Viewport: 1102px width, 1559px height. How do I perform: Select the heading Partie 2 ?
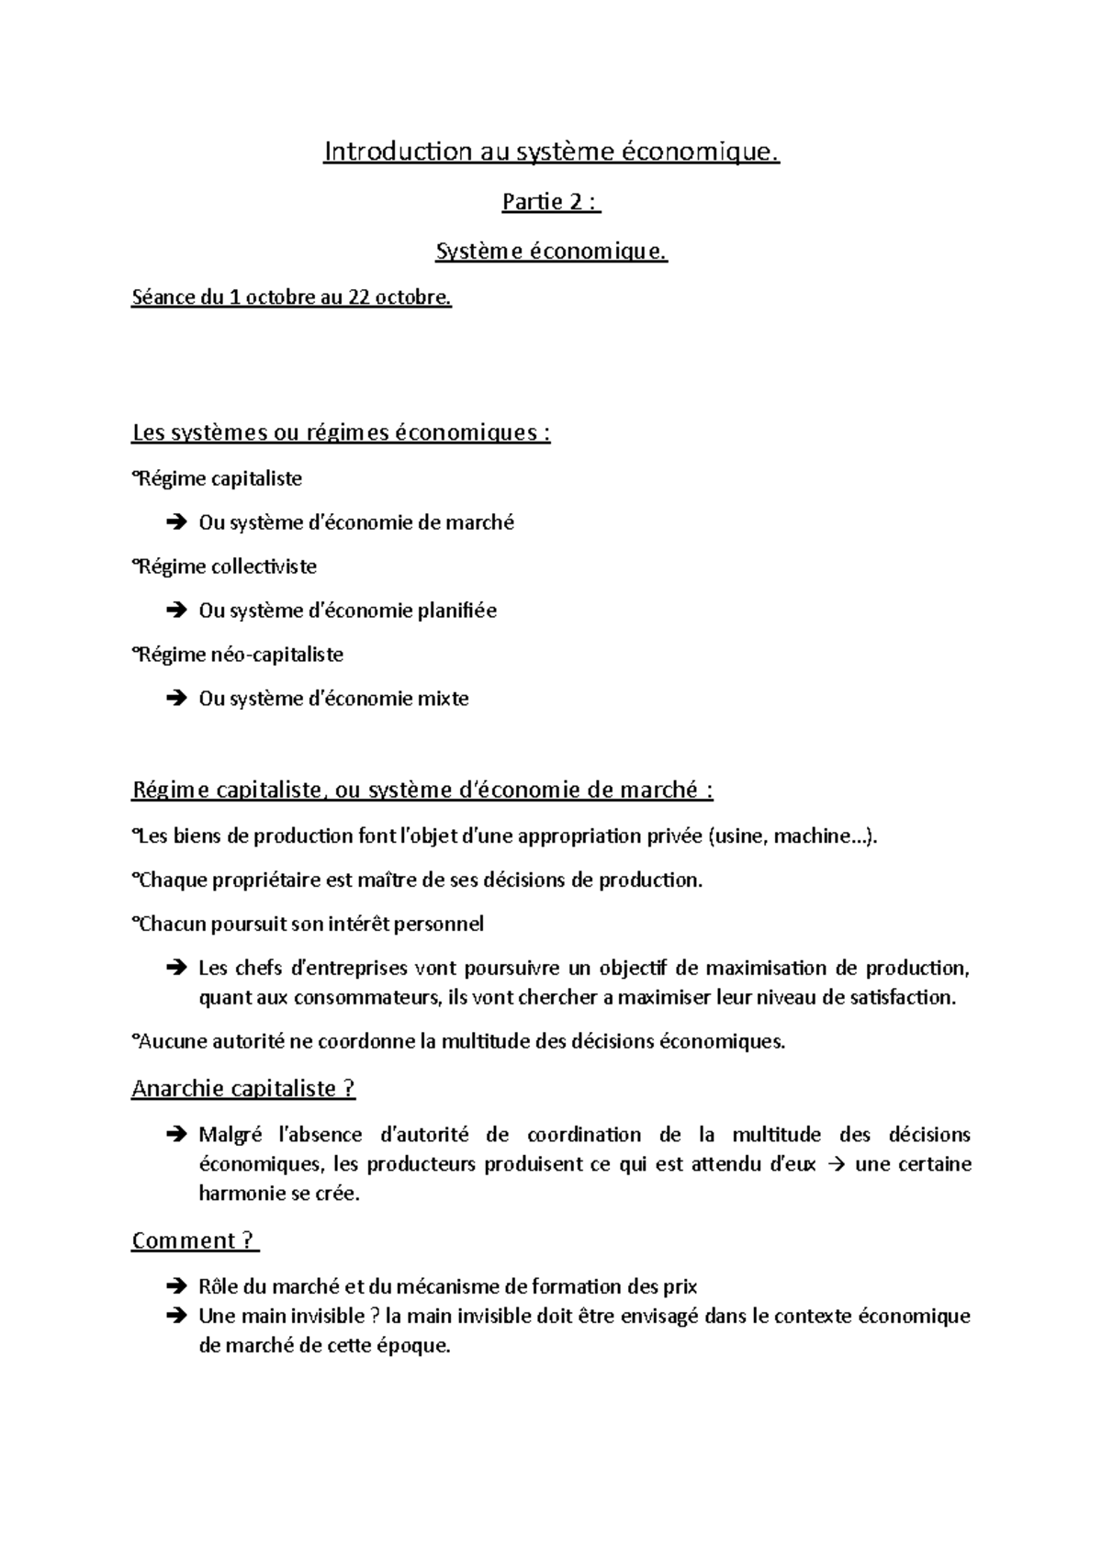pos(550,202)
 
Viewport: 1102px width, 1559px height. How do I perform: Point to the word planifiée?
pos(456,611)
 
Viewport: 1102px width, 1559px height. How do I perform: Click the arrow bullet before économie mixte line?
pos(175,700)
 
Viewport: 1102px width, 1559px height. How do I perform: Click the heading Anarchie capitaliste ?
pos(243,1088)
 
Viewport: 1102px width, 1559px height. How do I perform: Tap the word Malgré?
pos(231,1135)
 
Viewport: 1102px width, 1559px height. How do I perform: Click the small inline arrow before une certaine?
pos(834,1164)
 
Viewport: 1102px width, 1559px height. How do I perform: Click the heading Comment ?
pos(194,1240)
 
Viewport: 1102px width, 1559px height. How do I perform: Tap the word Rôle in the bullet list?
pos(218,1286)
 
